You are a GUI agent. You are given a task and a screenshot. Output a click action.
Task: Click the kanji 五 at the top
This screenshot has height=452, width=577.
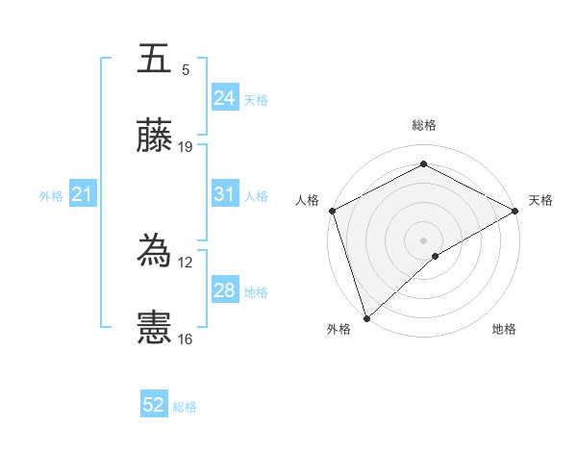(155, 60)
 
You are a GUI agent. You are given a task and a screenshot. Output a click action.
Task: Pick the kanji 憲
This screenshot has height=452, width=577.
(155, 328)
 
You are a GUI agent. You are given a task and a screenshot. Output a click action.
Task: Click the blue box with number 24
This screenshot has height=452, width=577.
(224, 98)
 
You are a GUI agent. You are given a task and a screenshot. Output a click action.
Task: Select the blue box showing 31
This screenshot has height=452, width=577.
(224, 194)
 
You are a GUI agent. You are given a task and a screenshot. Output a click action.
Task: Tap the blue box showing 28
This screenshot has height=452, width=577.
(224, 290)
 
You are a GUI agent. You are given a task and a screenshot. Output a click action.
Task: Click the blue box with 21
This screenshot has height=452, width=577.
(82, 194)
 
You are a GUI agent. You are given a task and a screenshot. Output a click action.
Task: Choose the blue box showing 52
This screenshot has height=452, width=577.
(154, 405)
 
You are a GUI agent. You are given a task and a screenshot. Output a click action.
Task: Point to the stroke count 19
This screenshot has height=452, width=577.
(186, 147)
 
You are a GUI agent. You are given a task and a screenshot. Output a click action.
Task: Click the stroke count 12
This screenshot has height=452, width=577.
(185, 262)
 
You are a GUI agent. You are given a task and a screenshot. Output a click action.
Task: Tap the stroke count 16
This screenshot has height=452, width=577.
(185, 339)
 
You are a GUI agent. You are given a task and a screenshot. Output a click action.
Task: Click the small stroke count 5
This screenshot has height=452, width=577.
(186, 70)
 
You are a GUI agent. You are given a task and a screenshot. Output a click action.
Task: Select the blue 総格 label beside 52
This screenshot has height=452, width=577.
(185, 407)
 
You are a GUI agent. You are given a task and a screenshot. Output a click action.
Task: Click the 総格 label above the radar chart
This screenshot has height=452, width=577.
(423, 125)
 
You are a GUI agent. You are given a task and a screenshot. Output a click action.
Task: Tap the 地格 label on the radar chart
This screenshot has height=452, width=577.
(504, 329)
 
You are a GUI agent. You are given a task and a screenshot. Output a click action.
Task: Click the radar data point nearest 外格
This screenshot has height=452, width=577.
(366, 317)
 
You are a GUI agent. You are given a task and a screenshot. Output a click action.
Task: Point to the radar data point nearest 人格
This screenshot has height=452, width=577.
(332, 211)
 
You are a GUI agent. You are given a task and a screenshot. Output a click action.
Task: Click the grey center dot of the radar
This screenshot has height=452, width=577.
(423, 239)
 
